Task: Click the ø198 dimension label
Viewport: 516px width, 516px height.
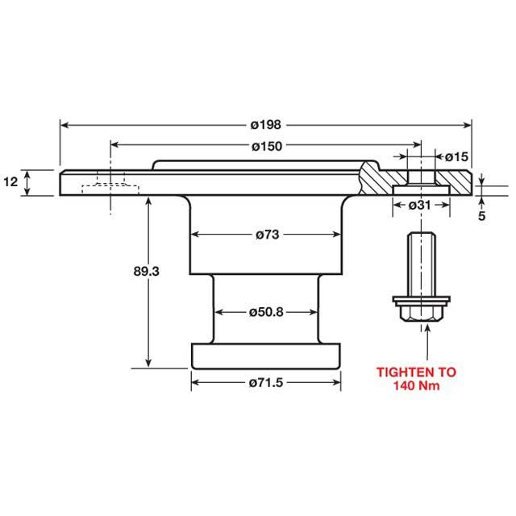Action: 264,125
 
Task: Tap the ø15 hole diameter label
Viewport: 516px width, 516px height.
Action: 456,156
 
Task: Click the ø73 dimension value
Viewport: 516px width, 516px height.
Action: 266,235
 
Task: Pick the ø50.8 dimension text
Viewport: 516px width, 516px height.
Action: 266,311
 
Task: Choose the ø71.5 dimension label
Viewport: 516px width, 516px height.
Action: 266,382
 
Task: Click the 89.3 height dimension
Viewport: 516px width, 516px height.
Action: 148,272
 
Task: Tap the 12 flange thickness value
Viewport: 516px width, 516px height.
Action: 10,182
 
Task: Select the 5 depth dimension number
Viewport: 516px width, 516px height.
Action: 482,216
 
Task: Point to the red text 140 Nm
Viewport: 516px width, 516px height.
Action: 417,386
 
